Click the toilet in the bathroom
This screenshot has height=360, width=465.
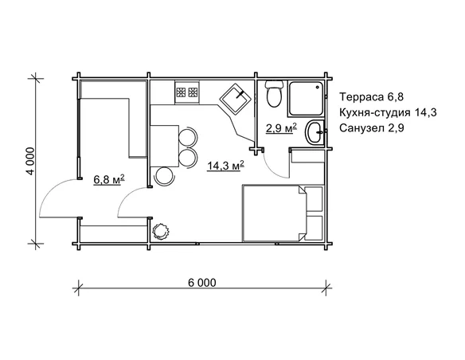coord(273,94)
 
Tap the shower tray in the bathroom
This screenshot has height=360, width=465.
coord(305,99)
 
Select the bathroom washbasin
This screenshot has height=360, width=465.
coord(315,132)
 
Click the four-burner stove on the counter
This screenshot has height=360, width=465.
coord(187,92)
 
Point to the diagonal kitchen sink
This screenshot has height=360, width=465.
coord(236,99)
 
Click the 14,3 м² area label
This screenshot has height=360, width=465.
coord(225,166)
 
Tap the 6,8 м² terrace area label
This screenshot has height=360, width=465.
coord(109,180)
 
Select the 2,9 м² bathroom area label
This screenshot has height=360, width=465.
coord(281,129)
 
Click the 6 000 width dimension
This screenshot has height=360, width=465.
coord(202,283)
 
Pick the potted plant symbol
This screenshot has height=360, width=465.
coord(160,231)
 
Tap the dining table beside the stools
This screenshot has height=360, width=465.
coord(164,146)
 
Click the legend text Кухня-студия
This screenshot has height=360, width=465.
coord(375,112)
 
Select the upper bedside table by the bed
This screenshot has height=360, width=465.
coord(314,198)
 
